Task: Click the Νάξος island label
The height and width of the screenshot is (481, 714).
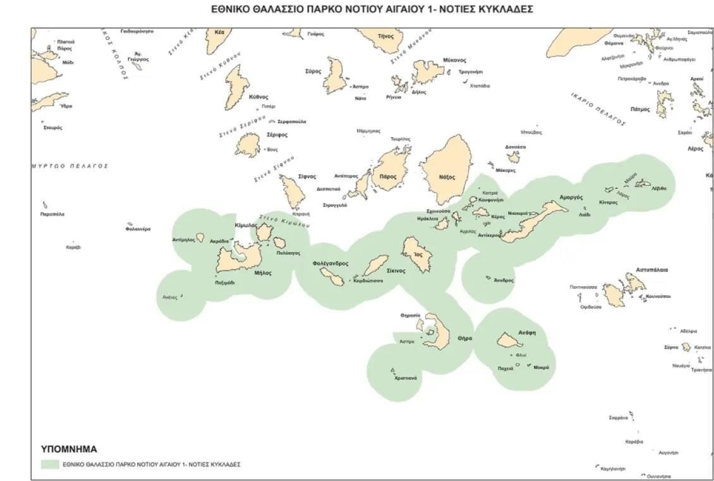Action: tap(447, 178)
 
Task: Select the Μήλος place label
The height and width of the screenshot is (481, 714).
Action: tap(263, 273)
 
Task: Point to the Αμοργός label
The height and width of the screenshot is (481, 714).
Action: tap(571, 198)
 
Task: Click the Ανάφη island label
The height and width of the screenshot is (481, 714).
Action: tap(509, 332)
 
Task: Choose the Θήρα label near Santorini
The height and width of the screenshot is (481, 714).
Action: tap(464, 338)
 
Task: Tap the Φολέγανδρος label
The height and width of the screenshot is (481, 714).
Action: tap(330, 263)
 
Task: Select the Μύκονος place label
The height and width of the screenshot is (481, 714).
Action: tap(454, 60)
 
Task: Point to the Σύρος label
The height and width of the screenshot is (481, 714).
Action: tap(313, 71)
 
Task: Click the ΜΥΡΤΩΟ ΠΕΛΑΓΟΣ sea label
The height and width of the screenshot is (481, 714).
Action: tap(70, 166)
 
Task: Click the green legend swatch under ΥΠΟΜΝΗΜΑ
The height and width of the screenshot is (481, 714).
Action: tap(49, 464)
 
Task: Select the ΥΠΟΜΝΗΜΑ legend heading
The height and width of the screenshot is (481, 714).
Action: tap(69, 449)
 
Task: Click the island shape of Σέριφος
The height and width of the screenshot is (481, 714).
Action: tap(247, 145)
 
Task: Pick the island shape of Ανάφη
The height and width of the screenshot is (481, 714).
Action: tap(509, 341)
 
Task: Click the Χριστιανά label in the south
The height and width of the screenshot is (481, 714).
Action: tap(405, 378)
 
